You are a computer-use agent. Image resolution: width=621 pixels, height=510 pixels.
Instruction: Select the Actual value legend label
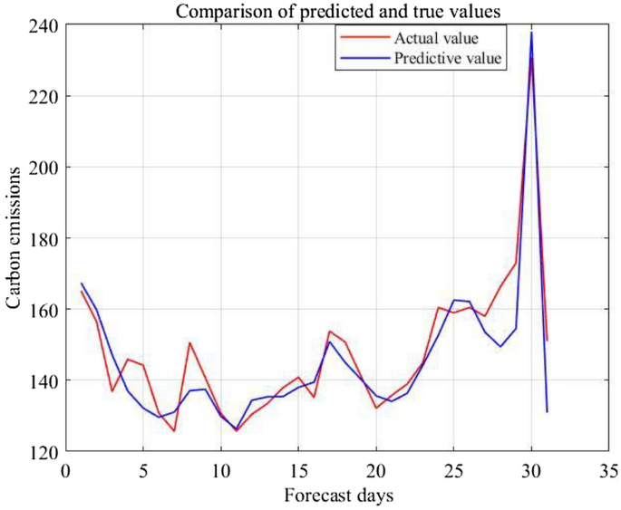pos(436,39)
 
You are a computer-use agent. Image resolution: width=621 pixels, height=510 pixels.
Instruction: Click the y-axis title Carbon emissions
pos(15,238)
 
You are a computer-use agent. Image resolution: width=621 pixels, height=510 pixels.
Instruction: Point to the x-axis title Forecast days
pos(337,496)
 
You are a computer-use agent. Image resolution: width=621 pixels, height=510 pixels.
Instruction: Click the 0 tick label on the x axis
pos(65,470)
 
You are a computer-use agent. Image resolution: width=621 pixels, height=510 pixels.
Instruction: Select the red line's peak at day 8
pos(189,342)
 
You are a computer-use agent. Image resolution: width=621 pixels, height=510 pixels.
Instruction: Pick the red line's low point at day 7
pos(174,430)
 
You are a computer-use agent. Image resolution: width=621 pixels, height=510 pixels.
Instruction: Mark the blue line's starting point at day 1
pos(82,284)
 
